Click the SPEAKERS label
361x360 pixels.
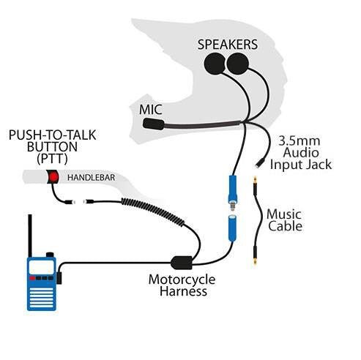(228, 44)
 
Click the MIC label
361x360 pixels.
(151, 110)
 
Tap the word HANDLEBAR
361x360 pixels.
(89, 178)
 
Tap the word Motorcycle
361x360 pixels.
(183, 279)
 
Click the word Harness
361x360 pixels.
(184, 291)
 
